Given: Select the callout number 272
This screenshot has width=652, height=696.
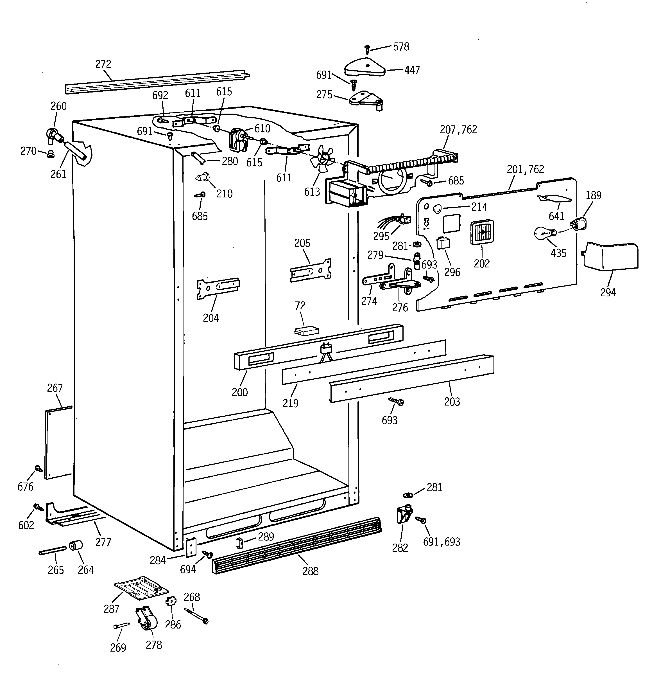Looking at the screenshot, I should [x=103, y=64].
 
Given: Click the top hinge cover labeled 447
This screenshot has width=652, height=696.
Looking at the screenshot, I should [x=365, y=67].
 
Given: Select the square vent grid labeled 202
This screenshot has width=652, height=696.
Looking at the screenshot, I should [x=482, y=232].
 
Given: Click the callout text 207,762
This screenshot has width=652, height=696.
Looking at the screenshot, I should [x=458, y=130].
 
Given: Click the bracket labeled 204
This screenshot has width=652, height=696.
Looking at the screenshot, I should [x=218, y=289].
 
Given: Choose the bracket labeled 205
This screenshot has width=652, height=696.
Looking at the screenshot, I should [x=311, y=270].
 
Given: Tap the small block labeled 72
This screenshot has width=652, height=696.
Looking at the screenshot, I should [x=307, y=331].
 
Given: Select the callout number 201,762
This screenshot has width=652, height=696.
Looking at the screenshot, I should [x=525, y=170].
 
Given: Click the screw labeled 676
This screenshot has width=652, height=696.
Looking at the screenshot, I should [x=39, y=468].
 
